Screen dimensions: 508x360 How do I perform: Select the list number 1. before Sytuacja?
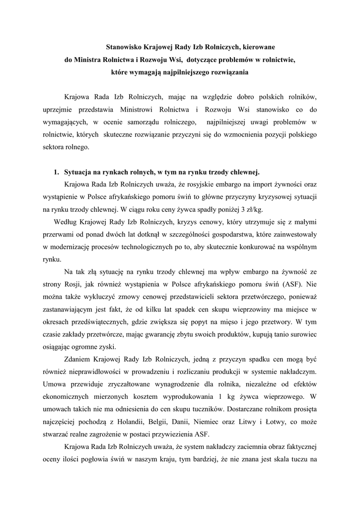[x=56, y=172]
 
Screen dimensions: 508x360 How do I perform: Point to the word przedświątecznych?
[x=76, y=322]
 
